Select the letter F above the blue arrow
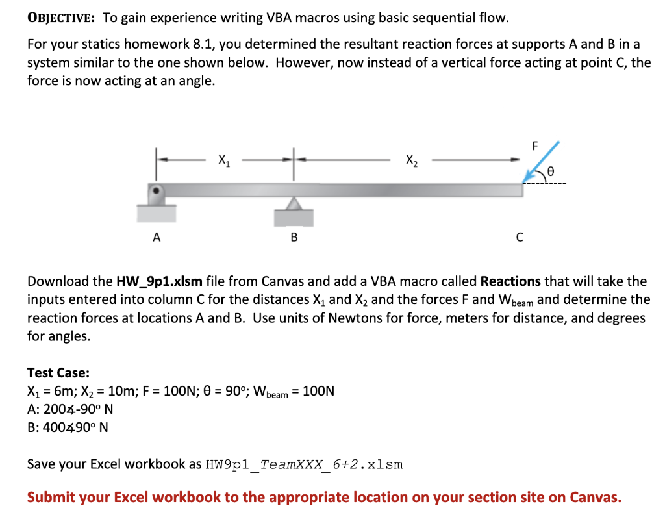coord(534,146)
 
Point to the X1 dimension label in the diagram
coord(223,158)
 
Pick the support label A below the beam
coord(156,238)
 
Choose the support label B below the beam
coord(294,238)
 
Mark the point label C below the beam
coord(518,238)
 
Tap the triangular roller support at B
coord(294,204)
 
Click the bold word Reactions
coord(510,281)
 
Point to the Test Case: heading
coord(58,373)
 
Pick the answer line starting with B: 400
coord(68,427)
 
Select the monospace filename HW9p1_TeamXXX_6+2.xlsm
coord(303,464)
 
